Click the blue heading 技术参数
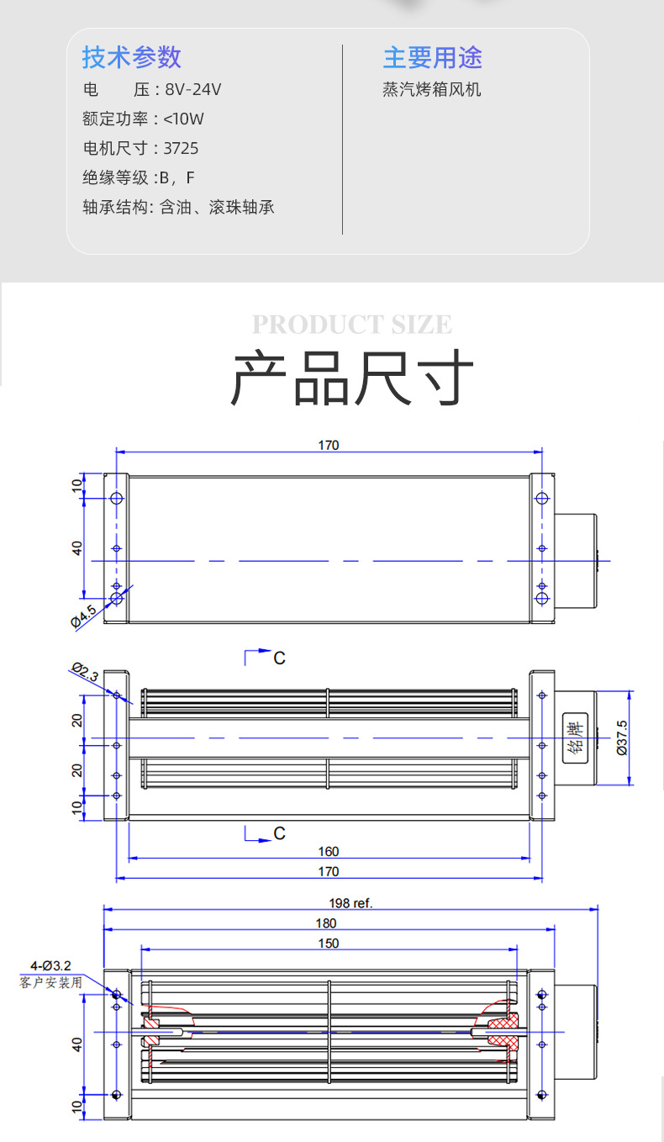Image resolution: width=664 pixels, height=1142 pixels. click(x=131, y=57)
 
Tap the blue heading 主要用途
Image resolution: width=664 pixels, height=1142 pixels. click(x=432, y=57)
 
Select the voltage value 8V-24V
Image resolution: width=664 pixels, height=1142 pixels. click(x=192, y=89)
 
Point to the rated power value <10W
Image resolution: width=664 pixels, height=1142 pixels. click(x=183, y=119)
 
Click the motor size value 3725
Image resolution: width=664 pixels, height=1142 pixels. click(x=181, y=148)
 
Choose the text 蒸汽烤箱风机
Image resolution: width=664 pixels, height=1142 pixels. click(x=431, y=89)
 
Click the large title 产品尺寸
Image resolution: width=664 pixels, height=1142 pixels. click(x=352, y=378)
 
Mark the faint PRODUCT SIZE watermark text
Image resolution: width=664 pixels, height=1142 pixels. click(x=352, y=325)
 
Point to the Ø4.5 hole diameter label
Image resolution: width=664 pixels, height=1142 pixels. click(x=84, y=615)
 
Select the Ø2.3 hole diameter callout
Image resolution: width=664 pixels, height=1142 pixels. click(x=85, y=672)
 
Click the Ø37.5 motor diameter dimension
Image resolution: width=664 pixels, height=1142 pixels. click(x=622, y=738)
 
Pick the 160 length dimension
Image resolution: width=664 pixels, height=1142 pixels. click(x=329, y=851)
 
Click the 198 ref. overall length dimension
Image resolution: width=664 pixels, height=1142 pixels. click(x=350, y=903)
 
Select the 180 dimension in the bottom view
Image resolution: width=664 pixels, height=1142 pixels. click(x=329, y=923)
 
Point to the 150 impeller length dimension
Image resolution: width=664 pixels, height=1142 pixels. click(x=329, y=943)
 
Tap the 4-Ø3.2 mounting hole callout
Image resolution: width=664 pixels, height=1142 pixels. click(x=51, y=965)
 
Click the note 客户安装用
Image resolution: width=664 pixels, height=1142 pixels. click(x=51, y=982)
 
